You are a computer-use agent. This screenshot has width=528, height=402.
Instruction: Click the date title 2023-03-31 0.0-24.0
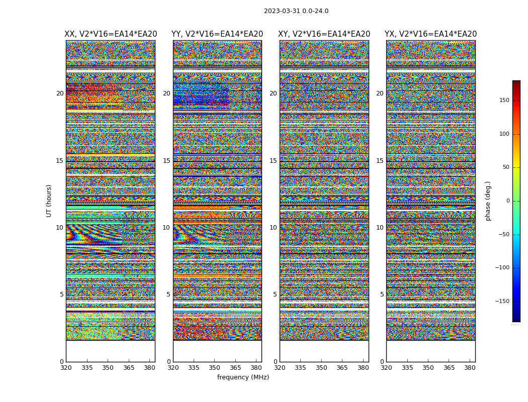click(296, 11)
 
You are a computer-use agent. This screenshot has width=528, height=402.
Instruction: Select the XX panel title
click(111, 34)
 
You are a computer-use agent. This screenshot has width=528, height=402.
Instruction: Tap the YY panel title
click(217, 34)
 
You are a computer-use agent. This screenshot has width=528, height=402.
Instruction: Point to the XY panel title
click(324, 34)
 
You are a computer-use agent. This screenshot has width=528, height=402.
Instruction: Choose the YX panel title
click(431, 34)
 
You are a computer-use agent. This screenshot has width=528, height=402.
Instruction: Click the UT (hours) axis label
click(49, 200)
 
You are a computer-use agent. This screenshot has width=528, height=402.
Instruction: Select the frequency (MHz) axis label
click(243, 377)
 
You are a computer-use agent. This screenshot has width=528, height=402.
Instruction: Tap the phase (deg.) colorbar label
click(488, 201)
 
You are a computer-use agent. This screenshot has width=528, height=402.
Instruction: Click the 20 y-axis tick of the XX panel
click(60, 93)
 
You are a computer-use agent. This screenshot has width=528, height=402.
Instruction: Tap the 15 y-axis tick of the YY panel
click(166, 161)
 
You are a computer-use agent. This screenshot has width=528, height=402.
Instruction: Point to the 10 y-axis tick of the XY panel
click(273, 228)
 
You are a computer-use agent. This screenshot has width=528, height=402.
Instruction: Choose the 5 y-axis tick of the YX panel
click(382, 294)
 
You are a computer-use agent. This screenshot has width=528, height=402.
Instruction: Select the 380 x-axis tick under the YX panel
click(470, 368)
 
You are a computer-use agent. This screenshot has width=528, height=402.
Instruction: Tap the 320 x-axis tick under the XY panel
click(280, 368)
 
